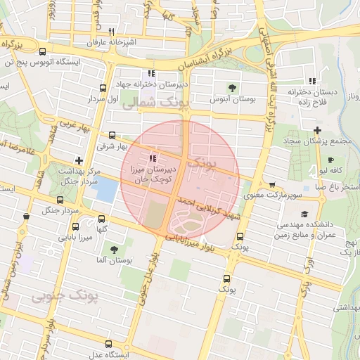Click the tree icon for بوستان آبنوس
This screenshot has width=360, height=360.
[232, 88]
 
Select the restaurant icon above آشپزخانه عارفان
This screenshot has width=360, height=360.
[111, 32]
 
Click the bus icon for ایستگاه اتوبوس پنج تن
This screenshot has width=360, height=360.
[43, 51]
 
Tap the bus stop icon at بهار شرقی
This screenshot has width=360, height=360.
[112, 135]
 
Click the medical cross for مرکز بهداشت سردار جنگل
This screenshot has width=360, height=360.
[79, 160]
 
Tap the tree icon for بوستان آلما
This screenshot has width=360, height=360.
[114, 250]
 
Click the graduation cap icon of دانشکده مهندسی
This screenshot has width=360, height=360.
[304, 214]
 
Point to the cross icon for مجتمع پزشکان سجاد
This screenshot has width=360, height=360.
[318, 130]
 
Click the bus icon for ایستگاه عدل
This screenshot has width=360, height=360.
[108, 344]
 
